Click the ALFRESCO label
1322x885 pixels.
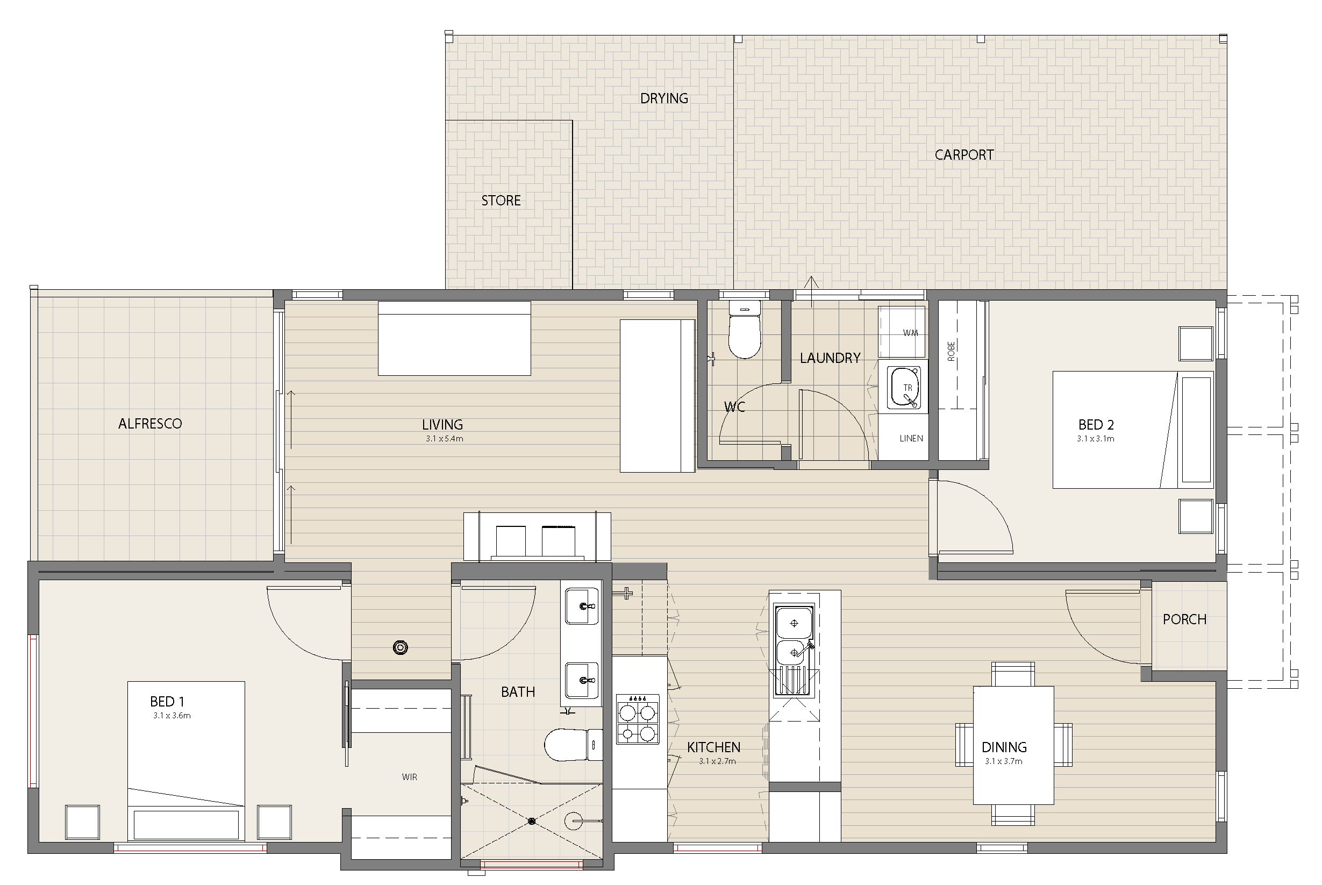coord(150,424)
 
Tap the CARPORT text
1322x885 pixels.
coord(964,155)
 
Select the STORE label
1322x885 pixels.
coord(501,201)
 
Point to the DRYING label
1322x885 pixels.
coord(664,98)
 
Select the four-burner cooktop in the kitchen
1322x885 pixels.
coord(638,719)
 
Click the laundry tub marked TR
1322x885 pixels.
coord(904,388)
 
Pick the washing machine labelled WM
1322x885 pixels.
coord(902,332)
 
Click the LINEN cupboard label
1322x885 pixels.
coord(911,439)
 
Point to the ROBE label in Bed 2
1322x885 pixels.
coord(951,351)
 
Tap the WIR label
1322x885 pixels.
coord(410,777)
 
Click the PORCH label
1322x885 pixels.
coord(1185,619)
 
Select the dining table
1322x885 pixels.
coord(1013,745)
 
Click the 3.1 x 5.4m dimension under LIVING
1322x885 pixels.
coord(445,439)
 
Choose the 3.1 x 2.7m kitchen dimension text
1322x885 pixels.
coord(717,761)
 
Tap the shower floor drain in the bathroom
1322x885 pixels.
coord(532,821)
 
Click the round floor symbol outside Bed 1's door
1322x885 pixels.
coord(401,647)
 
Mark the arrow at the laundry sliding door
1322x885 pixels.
coord(811,291)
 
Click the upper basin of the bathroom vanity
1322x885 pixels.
coord(582,606)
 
